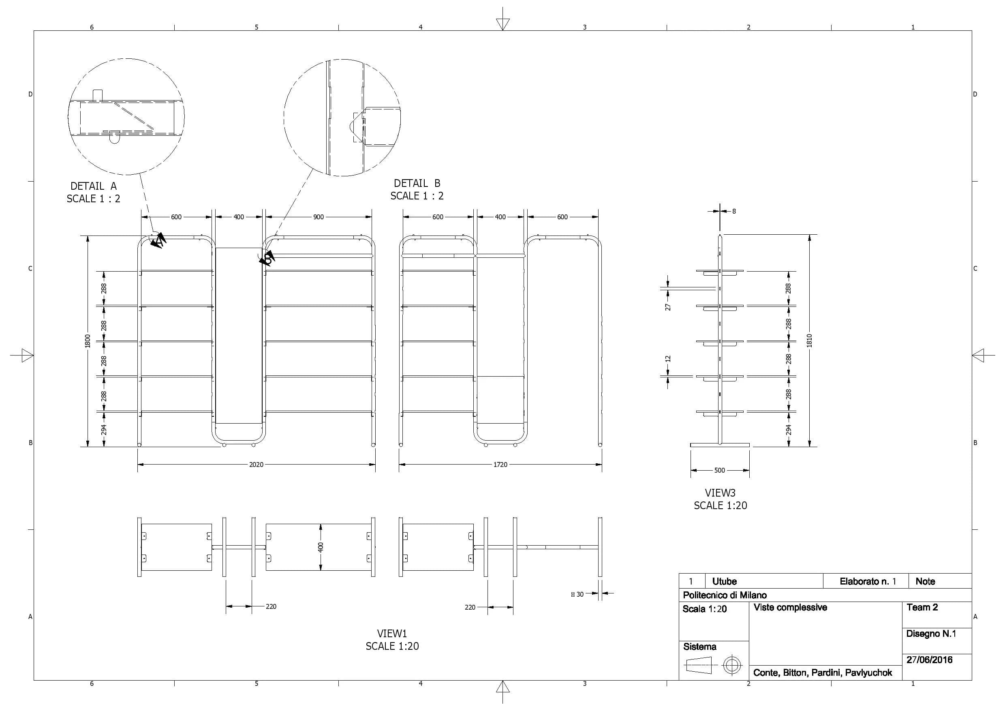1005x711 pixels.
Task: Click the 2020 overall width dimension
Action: [x=256, y=465]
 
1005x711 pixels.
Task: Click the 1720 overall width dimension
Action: [x=500, y=465]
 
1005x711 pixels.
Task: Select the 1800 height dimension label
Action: [x=88, y=341]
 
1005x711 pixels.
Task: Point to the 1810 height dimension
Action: [x=809, y=341]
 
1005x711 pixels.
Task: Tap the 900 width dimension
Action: [x=318, y=217]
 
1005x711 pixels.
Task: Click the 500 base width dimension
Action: [x=720, y=470]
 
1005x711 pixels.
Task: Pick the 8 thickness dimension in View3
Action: [x=734, y=212]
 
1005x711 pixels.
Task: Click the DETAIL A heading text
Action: [x=93, y=186]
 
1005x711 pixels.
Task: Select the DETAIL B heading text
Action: [x=417, y=184]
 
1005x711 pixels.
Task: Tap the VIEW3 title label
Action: [x=720, y=493]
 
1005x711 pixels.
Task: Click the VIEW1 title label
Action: [x=392, y=634]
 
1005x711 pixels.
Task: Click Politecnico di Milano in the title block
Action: [x=725, y=595]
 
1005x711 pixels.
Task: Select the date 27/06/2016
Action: [x=929, y=660]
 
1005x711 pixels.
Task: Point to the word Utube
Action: [x=724, y=581]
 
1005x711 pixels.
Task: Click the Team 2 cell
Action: [x=922, y=607]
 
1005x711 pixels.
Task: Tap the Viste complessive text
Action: [x=790, y=607]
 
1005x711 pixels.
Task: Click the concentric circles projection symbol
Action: [x=731, y=666]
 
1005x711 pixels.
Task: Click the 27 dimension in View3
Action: [x=668, y=307]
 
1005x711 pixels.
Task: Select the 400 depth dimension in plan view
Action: [x=321, y=547]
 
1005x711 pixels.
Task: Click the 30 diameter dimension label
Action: [x=579, y=594]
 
